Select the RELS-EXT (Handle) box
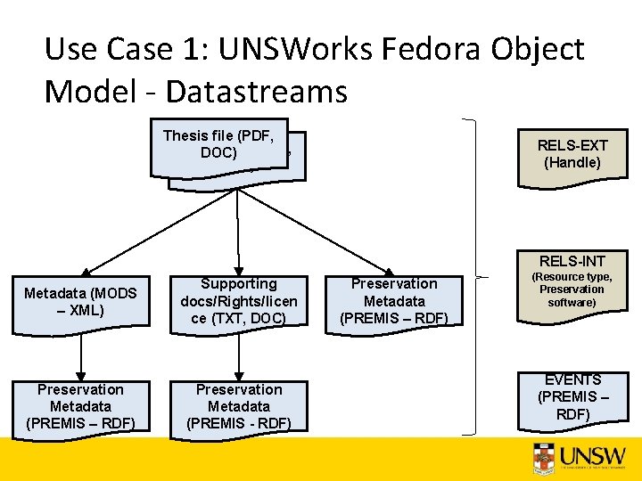[x=572, y=153]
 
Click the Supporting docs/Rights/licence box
[x=239, y=300]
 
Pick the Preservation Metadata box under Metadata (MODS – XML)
[x=81, y=406]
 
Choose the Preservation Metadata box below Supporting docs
[x=239, y=406]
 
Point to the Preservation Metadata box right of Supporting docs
[x=394, y=300]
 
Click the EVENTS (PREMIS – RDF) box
[x=572, y=396]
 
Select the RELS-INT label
[x=572, y=261]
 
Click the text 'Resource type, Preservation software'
[x=572, y=289]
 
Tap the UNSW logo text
[x=592, y=457]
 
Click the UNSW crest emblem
[x=543, y=458]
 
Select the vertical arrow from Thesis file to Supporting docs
[x=238, y=232]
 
